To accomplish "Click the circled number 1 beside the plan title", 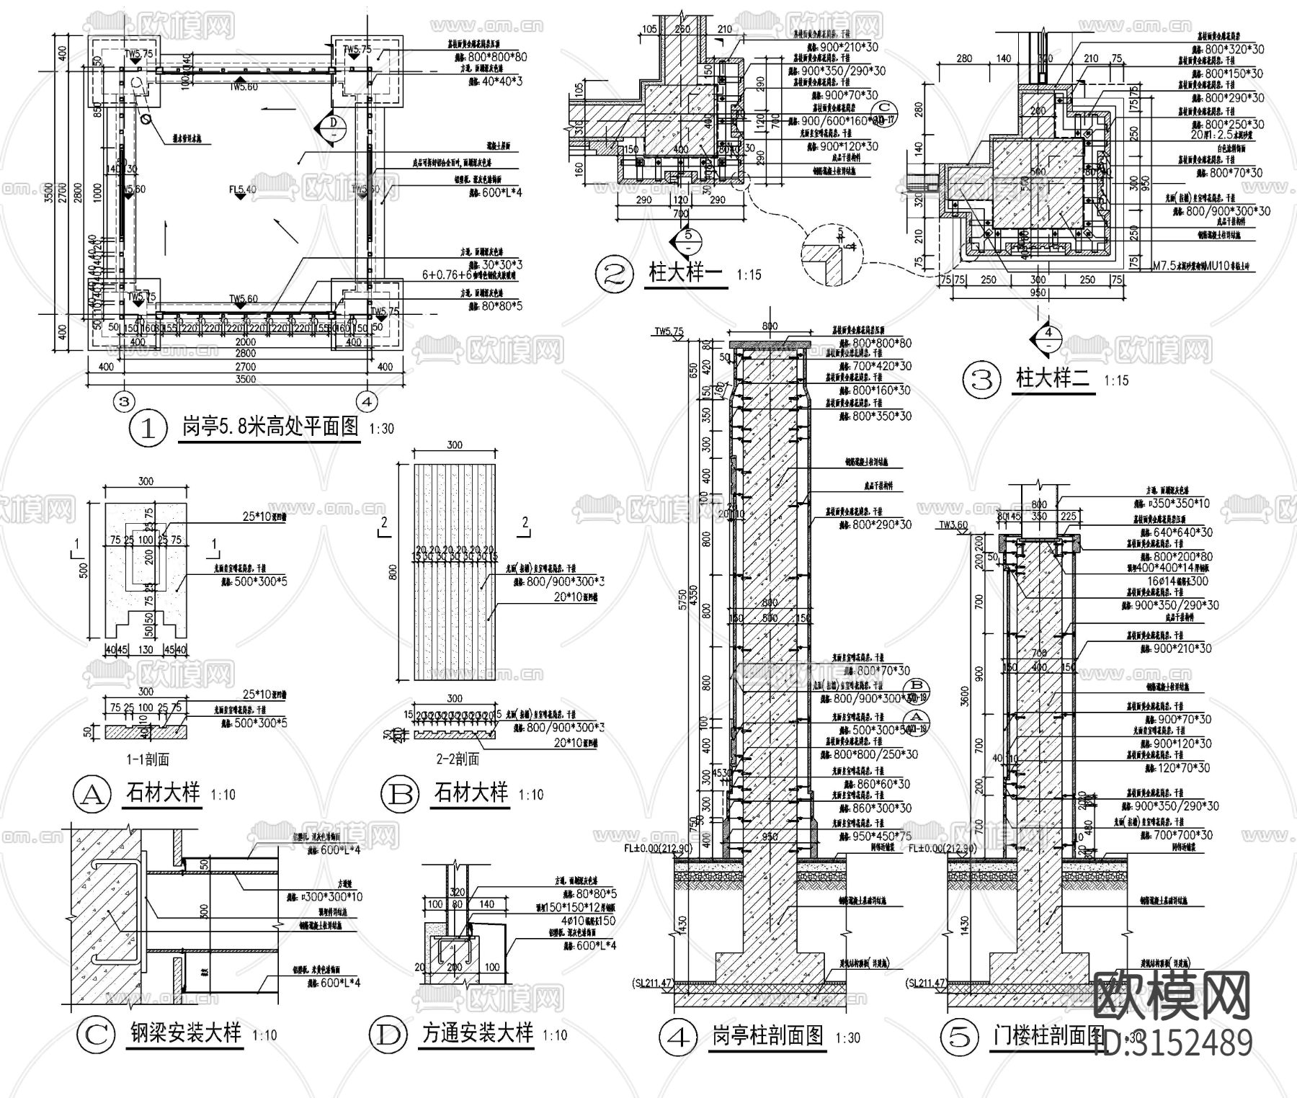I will (147, 429).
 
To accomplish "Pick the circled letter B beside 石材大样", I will (400, 794).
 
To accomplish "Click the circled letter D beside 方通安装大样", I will (388, 1035).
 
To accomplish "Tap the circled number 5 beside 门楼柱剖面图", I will (961, 1037).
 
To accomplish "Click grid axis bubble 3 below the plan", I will (125, 400).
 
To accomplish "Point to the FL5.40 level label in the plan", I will (242, 190).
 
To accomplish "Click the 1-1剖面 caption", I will (146, 759).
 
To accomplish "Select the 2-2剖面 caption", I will (457, 759).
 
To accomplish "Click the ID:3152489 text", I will (1173, 1043).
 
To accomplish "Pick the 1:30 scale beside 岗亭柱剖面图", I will (848, 1038).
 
